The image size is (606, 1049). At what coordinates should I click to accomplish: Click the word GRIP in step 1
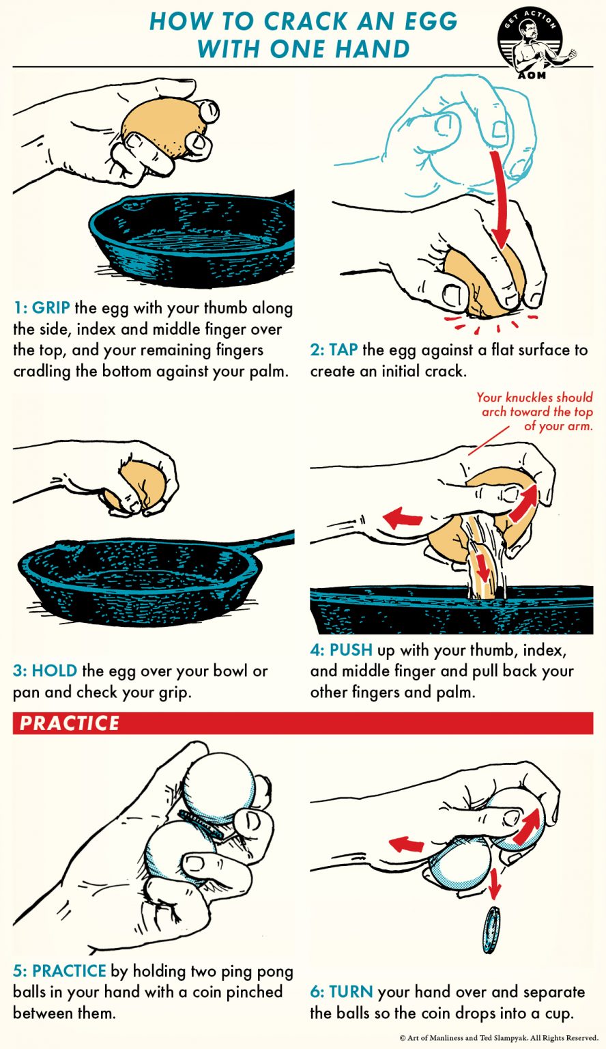(x=50, y=308)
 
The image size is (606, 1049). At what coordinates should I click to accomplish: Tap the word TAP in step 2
(x=344, y=350)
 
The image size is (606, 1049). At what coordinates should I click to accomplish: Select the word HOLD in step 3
(x=54, y=671)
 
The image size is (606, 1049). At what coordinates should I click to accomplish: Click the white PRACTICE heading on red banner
(x=69, y=723)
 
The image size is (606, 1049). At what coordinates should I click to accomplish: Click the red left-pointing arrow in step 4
(x=403, y=518)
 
